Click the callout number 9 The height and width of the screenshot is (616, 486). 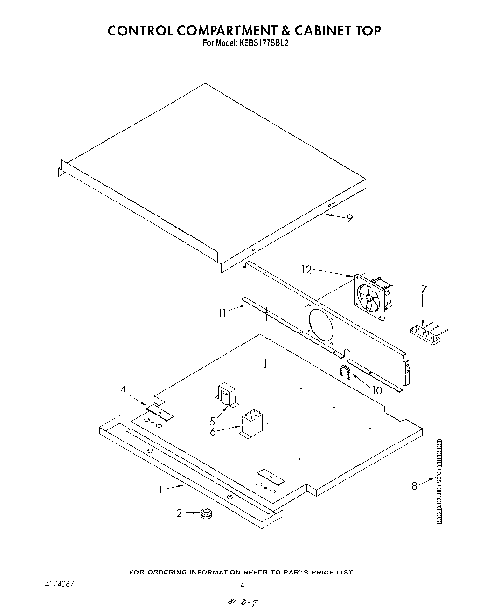349,218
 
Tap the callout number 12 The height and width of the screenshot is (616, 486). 306,270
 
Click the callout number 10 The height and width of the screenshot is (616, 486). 376,390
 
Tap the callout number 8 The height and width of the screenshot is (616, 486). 415,486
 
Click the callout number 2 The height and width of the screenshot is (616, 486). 179,513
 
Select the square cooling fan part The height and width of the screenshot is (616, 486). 372,298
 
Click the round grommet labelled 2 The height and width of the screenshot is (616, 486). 206,515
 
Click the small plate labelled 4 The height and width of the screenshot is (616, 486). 160,412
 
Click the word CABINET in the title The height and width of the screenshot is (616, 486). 324,31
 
